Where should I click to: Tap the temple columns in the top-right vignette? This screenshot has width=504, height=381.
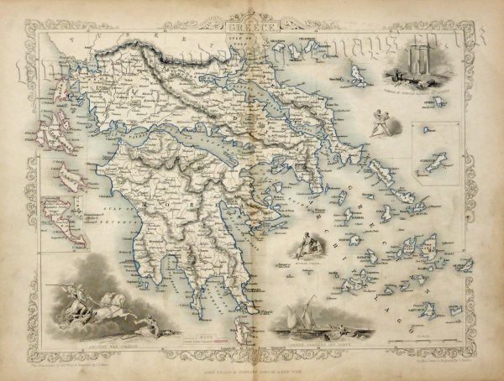(x=419, y=63)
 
